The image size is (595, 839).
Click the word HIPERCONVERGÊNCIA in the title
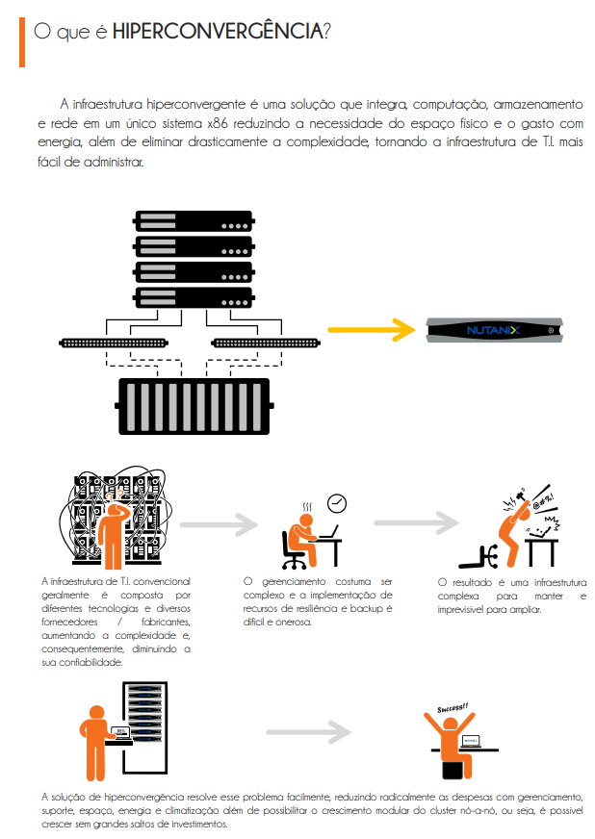point(218,32)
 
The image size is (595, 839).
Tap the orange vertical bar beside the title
point(21,39)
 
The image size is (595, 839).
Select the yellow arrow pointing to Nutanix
point(371,330)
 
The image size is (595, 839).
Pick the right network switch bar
point(264,342)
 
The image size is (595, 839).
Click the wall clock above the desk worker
point(336,503)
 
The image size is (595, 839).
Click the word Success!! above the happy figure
point(453,709)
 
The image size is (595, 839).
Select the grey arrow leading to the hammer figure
point(416,522)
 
